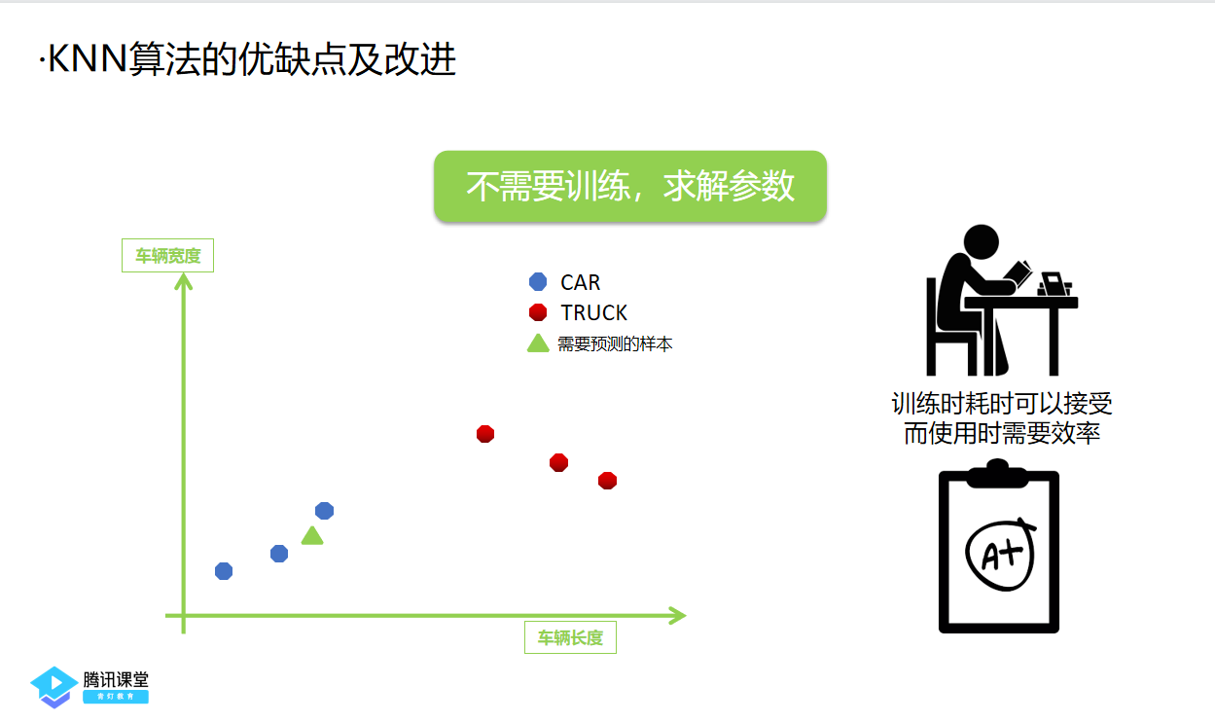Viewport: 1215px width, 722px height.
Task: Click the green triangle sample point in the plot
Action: [x=311, y=536]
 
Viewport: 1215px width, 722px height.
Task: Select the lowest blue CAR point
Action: [x=224, y=571]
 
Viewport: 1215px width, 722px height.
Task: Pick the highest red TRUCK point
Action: [x=485, y=433]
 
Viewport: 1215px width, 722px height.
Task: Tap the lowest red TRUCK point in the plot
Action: [x=607, y=480]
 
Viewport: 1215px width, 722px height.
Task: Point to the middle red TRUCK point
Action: [x=558, y=462]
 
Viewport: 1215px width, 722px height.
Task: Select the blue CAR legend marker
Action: [x=538, y=282]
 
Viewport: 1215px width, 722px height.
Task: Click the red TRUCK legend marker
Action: [x=538, y=312]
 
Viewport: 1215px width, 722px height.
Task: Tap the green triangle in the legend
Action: [x=538, y=343]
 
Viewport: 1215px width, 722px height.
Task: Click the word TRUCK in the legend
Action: [x=593, y=313]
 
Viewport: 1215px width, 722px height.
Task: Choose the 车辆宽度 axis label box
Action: [x=167, y=256]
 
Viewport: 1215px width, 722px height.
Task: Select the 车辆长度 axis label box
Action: [x=570, y=638]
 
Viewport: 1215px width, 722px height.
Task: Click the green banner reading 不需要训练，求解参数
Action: [x=629, y=186]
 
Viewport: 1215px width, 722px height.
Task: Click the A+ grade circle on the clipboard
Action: [x=999, y=552]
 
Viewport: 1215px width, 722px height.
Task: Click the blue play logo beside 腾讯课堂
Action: [x=54, y=685]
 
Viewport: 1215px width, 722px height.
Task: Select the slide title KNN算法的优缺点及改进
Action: [x=248, y=61]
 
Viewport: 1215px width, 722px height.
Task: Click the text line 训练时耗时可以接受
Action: [x=1002, y=404]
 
